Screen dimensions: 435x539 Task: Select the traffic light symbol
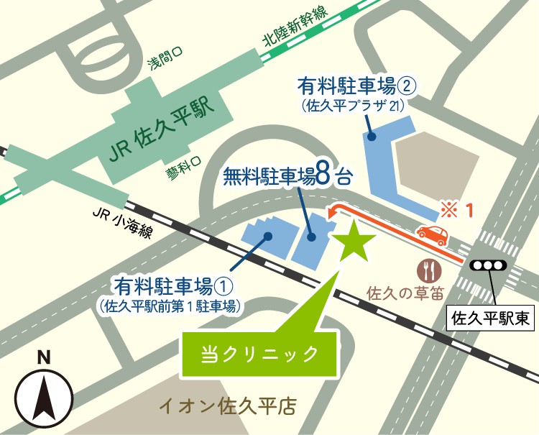tap(489, 265)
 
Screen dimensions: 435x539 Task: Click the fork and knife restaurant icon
tap(429, 270)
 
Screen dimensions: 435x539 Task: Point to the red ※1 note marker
tap(457, 211)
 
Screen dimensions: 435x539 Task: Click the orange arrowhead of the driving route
tap(332, 213)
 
